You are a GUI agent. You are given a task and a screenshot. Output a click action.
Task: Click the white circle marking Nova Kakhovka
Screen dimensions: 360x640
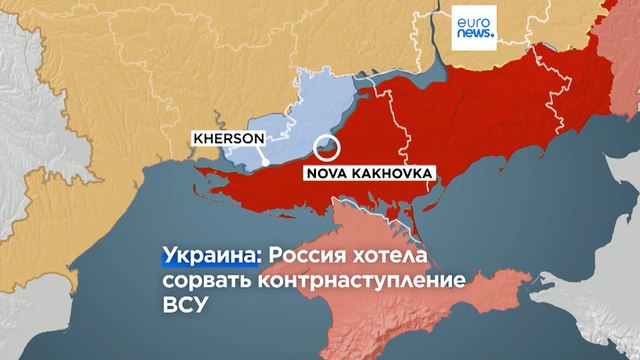pos(327,148)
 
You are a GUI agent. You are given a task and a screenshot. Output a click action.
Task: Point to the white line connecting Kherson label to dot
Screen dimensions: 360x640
pos(261,153)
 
